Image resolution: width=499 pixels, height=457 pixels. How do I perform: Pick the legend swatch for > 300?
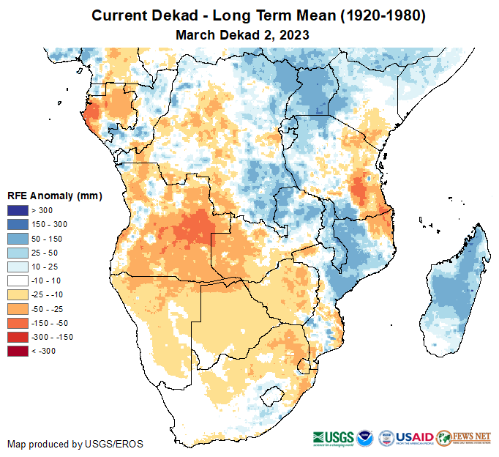(17, 211)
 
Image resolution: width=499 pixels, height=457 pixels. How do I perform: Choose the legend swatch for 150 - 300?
(17, 225)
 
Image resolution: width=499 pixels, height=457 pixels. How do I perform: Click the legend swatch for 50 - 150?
(17, 239)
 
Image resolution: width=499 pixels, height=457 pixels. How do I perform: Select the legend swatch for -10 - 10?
(17, 280)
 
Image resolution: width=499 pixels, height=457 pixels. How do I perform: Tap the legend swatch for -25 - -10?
(17, 294)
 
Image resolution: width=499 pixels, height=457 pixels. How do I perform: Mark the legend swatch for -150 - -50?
(17, 323)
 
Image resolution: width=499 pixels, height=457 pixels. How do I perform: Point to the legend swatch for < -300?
(17, 351)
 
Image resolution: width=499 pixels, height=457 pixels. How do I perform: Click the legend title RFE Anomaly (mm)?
(54, 196)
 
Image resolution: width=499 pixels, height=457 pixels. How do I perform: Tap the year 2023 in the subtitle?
(293, 34)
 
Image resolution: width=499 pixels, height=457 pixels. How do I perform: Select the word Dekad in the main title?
(183, 15)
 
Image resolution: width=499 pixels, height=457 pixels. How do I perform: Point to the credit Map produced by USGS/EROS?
(75, 444)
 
